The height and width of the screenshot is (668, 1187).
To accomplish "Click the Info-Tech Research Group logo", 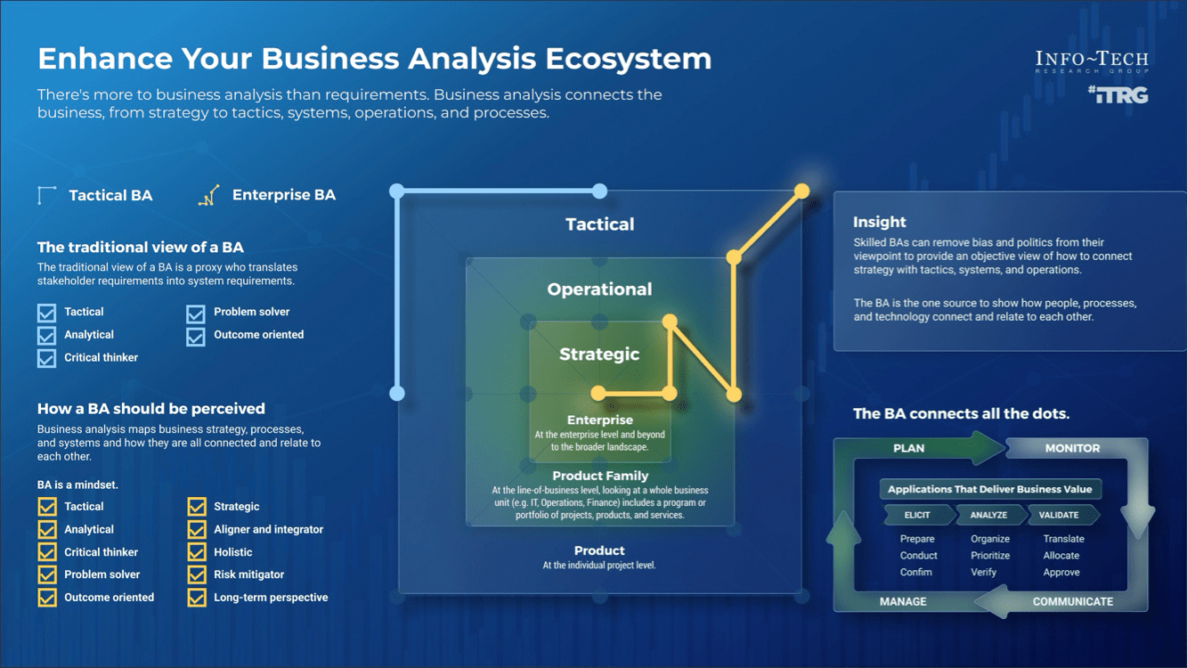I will point(1092,61).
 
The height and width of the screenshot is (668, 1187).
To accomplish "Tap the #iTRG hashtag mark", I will point(1118,94).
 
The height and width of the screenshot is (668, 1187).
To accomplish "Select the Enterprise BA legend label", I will point(283,195).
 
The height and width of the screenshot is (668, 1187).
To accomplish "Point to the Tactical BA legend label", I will point(110,196).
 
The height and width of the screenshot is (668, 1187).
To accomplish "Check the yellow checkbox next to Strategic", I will point(197,507).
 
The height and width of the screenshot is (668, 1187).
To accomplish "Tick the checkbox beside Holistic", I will point(197,552).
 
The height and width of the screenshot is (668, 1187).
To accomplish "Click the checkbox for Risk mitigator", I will point(197,575).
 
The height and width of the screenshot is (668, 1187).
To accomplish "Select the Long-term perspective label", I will point(271,598).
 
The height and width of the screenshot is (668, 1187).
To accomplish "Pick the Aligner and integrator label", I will point(268,529).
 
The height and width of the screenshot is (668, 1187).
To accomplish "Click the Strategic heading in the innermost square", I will point(599,354).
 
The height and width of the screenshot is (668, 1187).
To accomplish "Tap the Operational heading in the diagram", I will point(599,289).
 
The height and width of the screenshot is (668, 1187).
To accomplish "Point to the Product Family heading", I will point(600,476).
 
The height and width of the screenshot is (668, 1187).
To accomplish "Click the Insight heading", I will point(879,223).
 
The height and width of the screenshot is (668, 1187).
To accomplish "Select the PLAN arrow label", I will point(908,449).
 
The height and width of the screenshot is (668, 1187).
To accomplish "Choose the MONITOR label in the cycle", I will point(1072,449).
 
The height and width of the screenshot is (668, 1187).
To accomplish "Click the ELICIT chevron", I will point(917,515).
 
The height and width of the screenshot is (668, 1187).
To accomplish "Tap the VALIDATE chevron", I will point(1059,515).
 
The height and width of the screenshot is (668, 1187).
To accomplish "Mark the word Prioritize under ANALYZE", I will point(990,556).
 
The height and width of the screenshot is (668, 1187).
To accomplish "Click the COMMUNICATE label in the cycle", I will point(1072,602).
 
